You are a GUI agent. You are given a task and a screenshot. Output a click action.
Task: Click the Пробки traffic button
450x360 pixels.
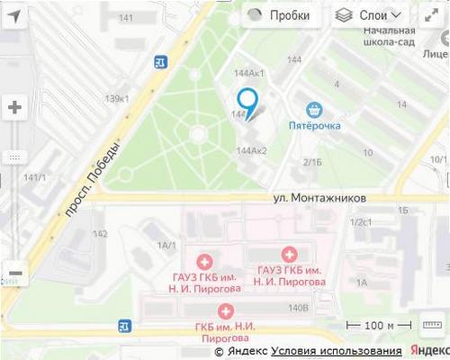click(x=279, y=15)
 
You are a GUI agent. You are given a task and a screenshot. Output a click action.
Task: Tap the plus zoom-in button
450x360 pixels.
click(x=14, y=108)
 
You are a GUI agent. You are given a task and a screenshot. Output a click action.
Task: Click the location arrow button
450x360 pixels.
click(x=14, y=15)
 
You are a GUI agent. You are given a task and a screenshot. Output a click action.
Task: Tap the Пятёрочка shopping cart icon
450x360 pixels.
click(x=314, y=110)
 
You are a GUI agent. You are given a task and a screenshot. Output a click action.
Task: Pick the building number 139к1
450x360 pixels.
click(x=117, y=98)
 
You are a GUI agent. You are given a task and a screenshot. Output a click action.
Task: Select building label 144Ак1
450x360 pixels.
click(x=248, y=73)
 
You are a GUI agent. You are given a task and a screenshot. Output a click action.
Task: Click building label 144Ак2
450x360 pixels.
click(x=251, y=150)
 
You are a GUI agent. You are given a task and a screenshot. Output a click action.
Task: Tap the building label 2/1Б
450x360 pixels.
click(x=312, y=162)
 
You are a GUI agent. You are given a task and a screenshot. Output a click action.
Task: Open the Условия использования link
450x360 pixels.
click(x=337, y=351)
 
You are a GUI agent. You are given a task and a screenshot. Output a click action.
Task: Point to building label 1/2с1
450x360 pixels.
click(x=361, y=222)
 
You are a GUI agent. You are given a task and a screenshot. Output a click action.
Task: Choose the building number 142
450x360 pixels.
click(x=100, y=234)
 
